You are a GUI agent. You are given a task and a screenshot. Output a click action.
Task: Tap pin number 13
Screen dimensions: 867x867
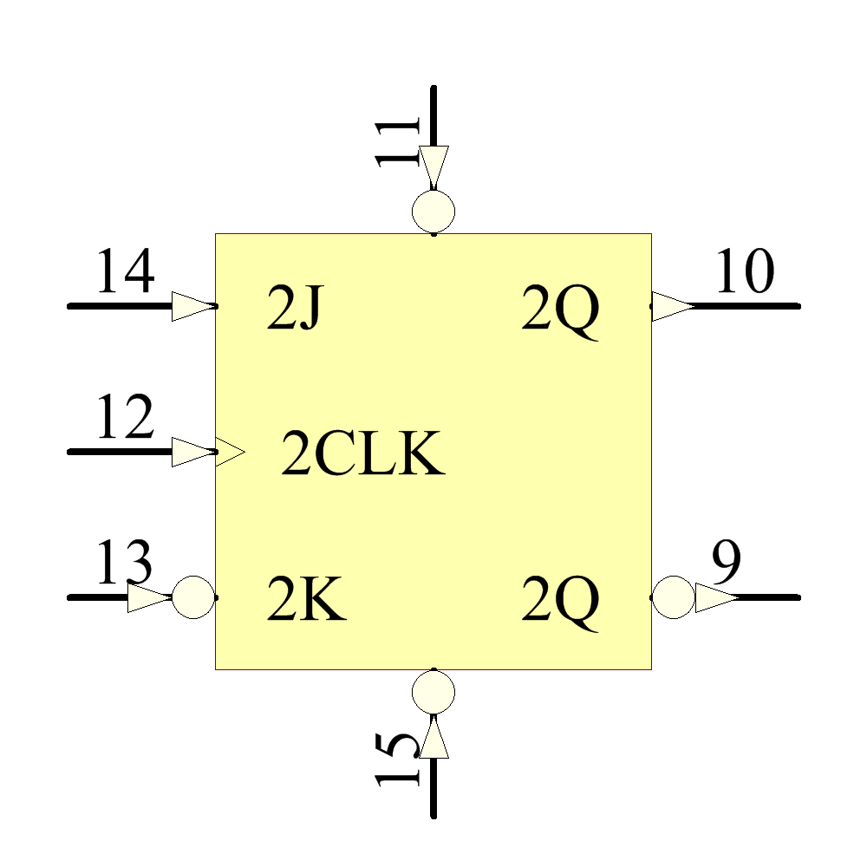tap(124, 564)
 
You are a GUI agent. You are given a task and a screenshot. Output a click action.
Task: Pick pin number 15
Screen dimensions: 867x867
tap(398, 758)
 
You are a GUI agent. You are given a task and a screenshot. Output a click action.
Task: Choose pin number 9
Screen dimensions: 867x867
tap(727, 564)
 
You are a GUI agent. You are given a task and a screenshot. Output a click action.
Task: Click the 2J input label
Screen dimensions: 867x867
tap(295, 310)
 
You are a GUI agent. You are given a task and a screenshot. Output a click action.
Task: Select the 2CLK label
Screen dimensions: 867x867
tap(362, 456)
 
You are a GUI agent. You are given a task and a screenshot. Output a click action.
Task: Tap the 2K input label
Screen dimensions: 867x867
tap(306, 602)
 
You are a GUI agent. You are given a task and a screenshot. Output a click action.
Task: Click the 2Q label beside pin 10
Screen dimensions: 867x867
tap(560, 312)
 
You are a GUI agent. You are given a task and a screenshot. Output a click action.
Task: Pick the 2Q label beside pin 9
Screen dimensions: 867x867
tap(560, 603)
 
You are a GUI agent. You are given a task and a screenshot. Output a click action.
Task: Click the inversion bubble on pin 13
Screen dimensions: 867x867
tap(193, 597)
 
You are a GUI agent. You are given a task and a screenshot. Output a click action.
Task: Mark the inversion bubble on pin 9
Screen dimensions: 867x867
tap(673, 597)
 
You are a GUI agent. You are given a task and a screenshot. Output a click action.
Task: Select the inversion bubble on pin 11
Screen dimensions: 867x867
tap(433, 211)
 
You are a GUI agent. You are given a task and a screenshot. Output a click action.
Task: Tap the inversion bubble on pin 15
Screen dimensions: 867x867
tap(433, 692)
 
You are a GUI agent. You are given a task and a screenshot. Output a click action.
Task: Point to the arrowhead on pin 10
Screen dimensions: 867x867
tap(673, 306)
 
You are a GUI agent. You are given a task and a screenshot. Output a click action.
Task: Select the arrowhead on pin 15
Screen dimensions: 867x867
tap(433, 737)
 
